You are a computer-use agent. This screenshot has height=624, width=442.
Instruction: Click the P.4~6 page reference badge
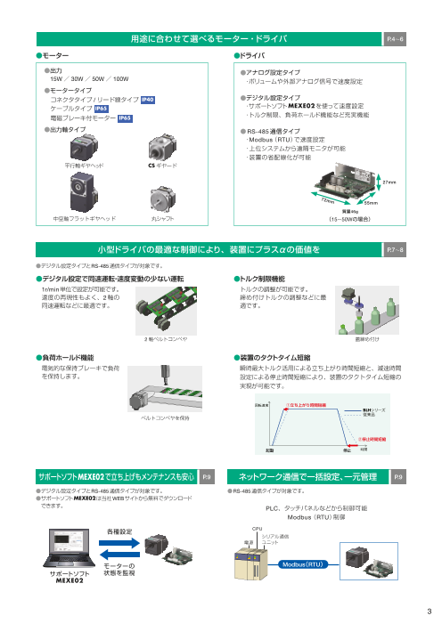396,40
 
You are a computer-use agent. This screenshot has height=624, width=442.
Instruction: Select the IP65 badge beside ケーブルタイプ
101,109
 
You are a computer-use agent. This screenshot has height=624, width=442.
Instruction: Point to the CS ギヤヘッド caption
162,166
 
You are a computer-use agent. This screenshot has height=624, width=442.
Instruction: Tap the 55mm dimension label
371,203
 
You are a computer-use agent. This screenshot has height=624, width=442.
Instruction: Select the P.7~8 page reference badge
396,252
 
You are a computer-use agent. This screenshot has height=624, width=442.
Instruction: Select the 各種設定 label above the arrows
119,531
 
